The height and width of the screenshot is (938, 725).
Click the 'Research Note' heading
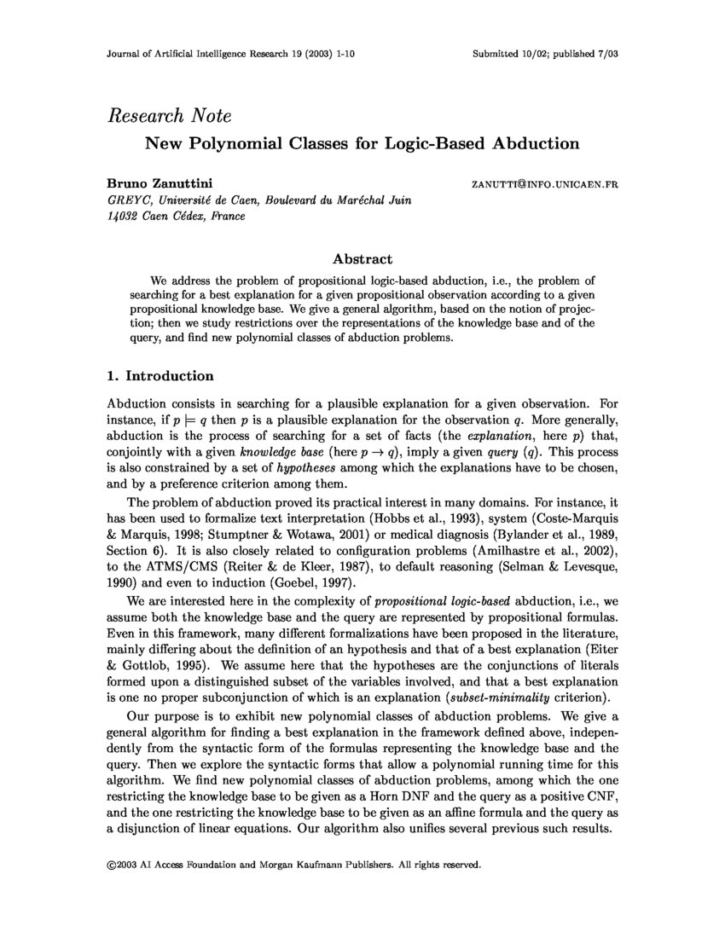pos(169,116)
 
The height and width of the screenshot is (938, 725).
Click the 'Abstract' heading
pos(362,259)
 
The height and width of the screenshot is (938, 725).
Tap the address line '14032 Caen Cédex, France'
pos(176,216)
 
